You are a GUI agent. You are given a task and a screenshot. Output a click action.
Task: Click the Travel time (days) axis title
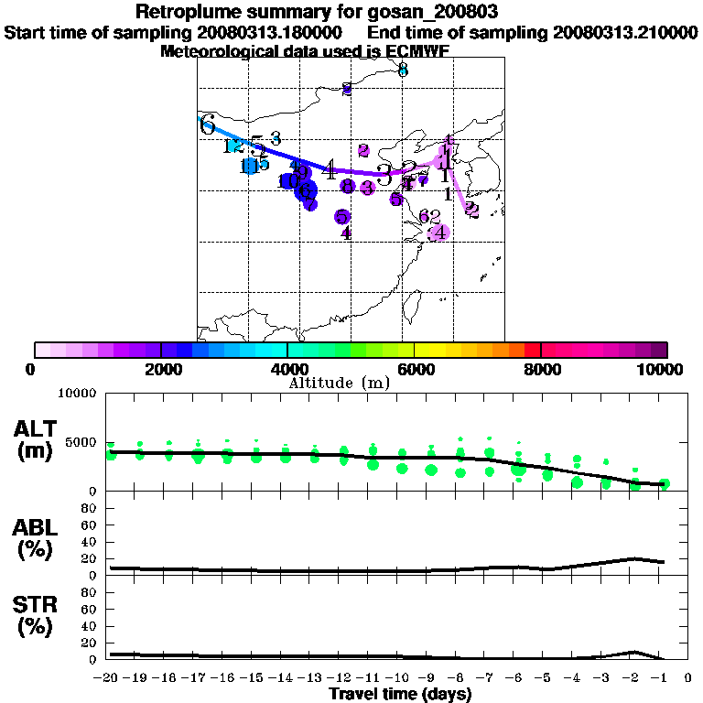(400, 695)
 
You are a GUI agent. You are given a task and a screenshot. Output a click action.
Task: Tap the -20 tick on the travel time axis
(108, 678)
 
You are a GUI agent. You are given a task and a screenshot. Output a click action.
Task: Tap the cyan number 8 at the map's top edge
(403, 70)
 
